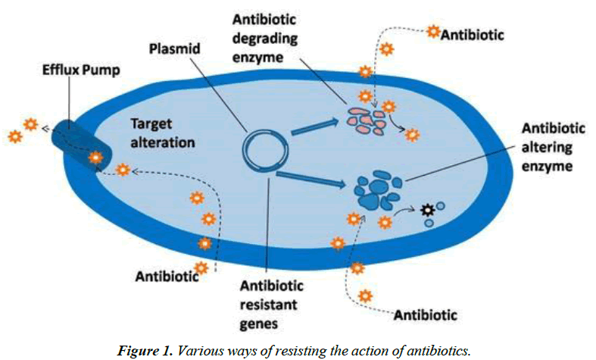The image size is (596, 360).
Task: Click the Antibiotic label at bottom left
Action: (x=166, y=276)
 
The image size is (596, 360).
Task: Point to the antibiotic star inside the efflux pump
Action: (x=96, y=158)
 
